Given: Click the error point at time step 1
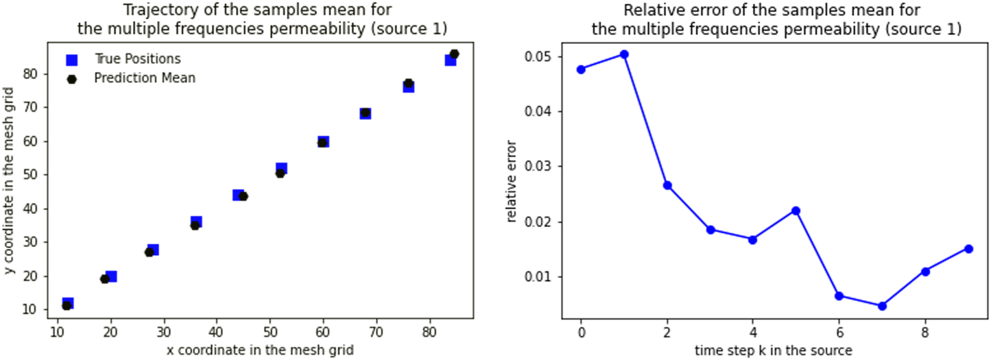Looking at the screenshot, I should tap(624, 54).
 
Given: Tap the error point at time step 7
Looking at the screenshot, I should tap(882, 306).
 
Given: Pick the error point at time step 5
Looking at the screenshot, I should tap(796, 211).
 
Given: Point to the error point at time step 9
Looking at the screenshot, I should tap(968, 248).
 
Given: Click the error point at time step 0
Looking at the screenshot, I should tap(581, 69).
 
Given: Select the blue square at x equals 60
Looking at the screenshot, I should tap(323, 142).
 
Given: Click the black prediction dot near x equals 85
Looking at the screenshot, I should tap(454, 54).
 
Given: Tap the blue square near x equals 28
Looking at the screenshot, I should tap(153, 250).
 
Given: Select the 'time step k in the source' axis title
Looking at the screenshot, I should tap(773, 350).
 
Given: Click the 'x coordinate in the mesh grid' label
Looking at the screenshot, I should tap(260, 350).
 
